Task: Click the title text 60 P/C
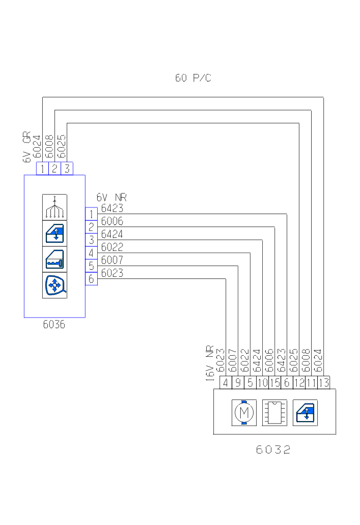point(193,78)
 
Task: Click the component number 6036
point(54,325)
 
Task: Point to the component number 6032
point(273,450)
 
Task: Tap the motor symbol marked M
point(244,412)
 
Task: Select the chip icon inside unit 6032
point(275,412)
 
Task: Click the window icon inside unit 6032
point(305,412)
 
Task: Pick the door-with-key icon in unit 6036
point(55,259)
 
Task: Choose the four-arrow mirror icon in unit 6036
point(55,285)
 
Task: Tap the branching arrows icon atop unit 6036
point(55,207)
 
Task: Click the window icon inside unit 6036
point(55,233)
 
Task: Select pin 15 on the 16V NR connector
point(275,382)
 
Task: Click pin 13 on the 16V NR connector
point(324,382)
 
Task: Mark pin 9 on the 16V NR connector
point(238,382)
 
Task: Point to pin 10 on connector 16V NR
point(262,382)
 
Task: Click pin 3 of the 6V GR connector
point(67,168)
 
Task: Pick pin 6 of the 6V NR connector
point(91,279)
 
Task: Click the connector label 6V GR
point(27,147)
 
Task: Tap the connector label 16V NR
point(210,362)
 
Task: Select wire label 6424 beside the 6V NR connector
point(112,235)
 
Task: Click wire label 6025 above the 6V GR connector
point(62,147)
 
